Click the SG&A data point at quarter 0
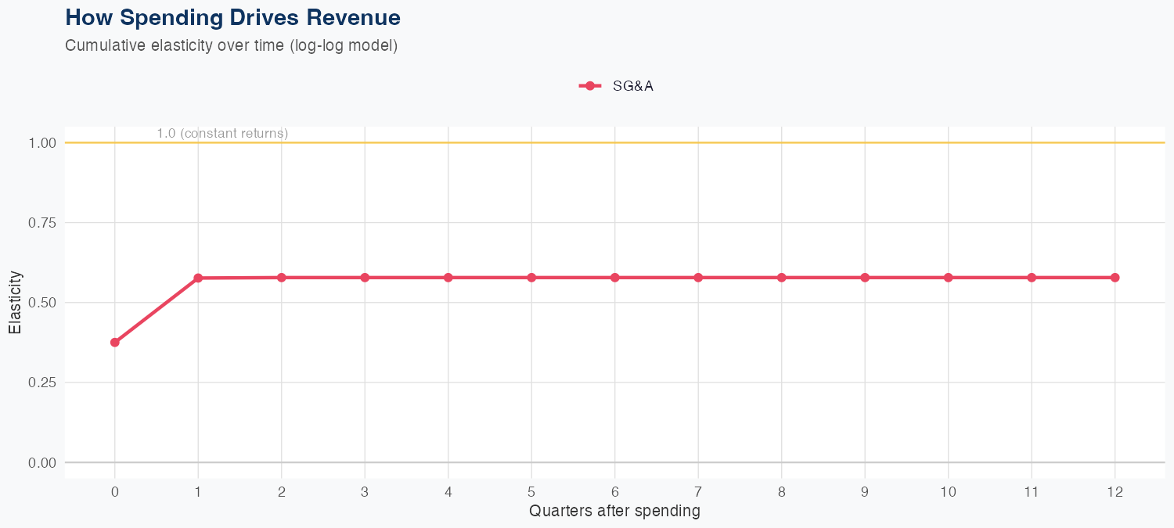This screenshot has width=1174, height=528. (x=115, y=342)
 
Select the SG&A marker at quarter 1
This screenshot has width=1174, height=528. (x=198, y=278)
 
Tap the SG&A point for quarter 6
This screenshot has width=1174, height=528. (x=615, y=278)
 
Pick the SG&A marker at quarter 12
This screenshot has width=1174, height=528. (x=1115, y=278)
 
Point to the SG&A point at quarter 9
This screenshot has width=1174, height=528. (x=865, y=278)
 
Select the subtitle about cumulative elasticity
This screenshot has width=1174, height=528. (x=232, y=45)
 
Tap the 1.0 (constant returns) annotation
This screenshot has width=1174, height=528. (x=222, y=134)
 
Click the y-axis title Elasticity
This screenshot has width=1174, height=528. (x=15, y=302)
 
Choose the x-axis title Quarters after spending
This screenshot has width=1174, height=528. (x=614, y=512)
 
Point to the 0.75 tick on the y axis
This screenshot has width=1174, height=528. (x=41, y=223)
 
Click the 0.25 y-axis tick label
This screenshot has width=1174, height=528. (x=41, y=383)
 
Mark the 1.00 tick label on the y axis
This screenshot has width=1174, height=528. (x=41, y=143)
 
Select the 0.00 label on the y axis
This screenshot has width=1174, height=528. (x=41, y=462)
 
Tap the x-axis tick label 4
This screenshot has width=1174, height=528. (x=448, y=492)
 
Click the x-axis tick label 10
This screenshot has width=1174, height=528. (x=948, y=492)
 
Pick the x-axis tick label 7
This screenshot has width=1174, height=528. (x=698, y=492)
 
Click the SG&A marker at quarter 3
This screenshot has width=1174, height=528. (x=365, y=278)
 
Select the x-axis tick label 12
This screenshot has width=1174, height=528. (x=1115, y=492)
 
